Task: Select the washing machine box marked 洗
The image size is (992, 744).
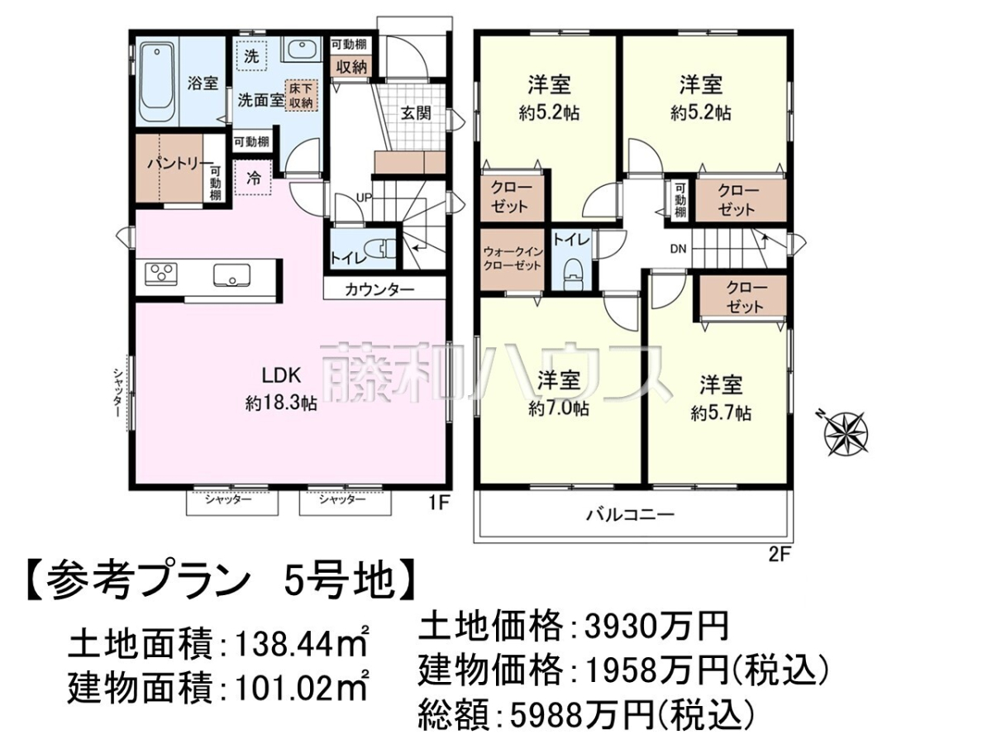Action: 252,56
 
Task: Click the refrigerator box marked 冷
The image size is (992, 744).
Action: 253,178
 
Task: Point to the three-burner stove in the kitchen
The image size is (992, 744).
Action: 160,274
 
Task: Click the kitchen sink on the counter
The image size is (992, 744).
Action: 231,274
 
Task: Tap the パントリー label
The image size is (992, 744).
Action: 180,164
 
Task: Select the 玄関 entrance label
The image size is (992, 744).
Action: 415,113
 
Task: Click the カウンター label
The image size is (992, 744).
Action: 379,289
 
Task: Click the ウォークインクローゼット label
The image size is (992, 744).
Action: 512,258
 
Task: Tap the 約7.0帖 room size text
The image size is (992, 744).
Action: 558,409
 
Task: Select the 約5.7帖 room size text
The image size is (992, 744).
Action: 721,413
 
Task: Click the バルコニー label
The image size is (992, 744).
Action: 630,514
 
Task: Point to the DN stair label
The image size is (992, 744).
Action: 678,249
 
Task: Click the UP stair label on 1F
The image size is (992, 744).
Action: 364,198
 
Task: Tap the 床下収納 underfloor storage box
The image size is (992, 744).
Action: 301,95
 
